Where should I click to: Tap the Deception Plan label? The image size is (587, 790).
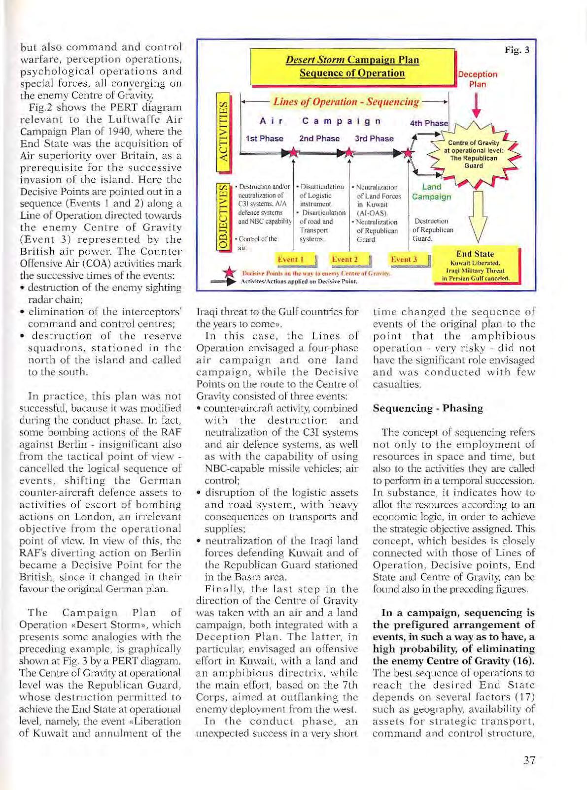[x=477, y=79]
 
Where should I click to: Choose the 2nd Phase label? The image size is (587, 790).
[x=319, y=138]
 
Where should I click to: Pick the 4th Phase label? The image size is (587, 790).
[x=429, y=123]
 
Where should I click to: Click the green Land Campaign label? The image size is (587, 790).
[x=431, y=192]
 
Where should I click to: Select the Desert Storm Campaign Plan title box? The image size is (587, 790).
[x=352, y=67]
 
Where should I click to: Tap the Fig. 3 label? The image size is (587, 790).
[x=517, y=50]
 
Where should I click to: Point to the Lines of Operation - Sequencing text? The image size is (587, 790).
[x=346, y=102]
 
